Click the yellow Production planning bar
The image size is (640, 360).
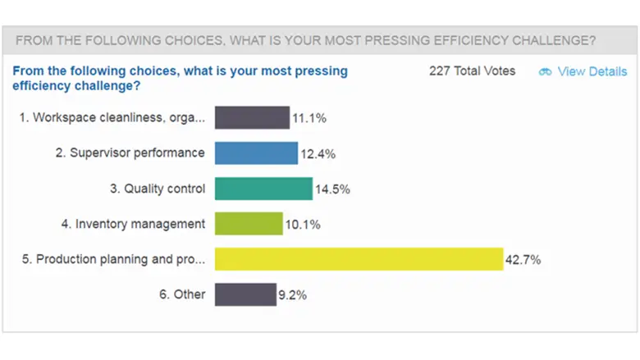click(359, 259)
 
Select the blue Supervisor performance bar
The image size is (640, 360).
click(256, 153)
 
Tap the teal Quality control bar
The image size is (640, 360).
click(263, 189)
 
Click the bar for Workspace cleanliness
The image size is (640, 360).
click(252, 118)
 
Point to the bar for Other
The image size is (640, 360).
click(245, 294)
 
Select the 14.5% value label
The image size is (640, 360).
click(333, 189)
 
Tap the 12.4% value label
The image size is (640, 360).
click(318, 154)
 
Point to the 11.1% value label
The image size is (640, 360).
click(310, 119)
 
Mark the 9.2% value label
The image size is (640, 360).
click(293, 295)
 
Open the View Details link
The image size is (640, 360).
click(592, 71)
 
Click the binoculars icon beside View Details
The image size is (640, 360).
click(546, 72)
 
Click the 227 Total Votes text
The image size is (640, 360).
click(473, 71)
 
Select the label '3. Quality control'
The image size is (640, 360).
click(158, 189)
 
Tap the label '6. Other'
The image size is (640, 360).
click(183, 294)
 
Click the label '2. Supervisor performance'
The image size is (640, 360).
click(130, 153)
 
